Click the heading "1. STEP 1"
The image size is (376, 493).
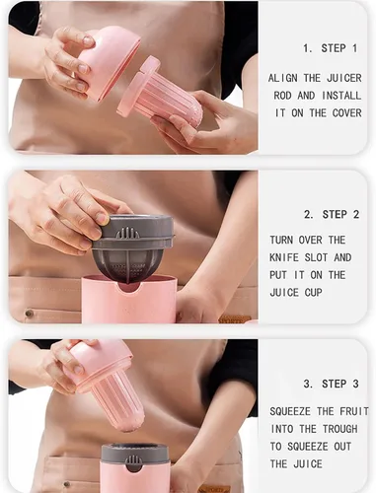(330, 48)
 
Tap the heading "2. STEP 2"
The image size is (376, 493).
(332, 215)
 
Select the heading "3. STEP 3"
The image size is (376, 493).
(331, 384)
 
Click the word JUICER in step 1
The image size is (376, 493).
(344, 78)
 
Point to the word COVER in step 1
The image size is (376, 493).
(346, 113)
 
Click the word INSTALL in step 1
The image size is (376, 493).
(341, 96)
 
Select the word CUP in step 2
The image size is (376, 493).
(313, 292)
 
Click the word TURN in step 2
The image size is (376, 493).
(281, 240)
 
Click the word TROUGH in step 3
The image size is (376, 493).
(339, 429)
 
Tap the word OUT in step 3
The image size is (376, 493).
(342, 447)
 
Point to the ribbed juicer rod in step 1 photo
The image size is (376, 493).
(161, 95)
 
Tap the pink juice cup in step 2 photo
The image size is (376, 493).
(129, 300)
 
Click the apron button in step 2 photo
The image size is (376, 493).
(30, 314)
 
